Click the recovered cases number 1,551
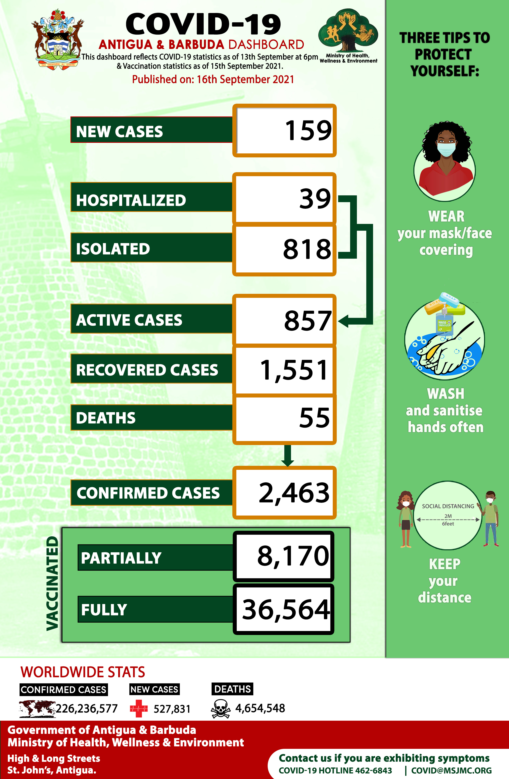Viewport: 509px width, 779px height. click(294, 370)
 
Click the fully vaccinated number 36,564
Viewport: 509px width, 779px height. click(286, 609)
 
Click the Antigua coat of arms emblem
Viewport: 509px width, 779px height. click(58, 38)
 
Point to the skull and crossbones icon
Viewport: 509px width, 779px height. click(221, 709)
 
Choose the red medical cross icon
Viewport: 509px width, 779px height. click(139, 709)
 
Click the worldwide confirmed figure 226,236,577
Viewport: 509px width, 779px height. click(87, 709)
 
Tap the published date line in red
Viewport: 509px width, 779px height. click(213, 79)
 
